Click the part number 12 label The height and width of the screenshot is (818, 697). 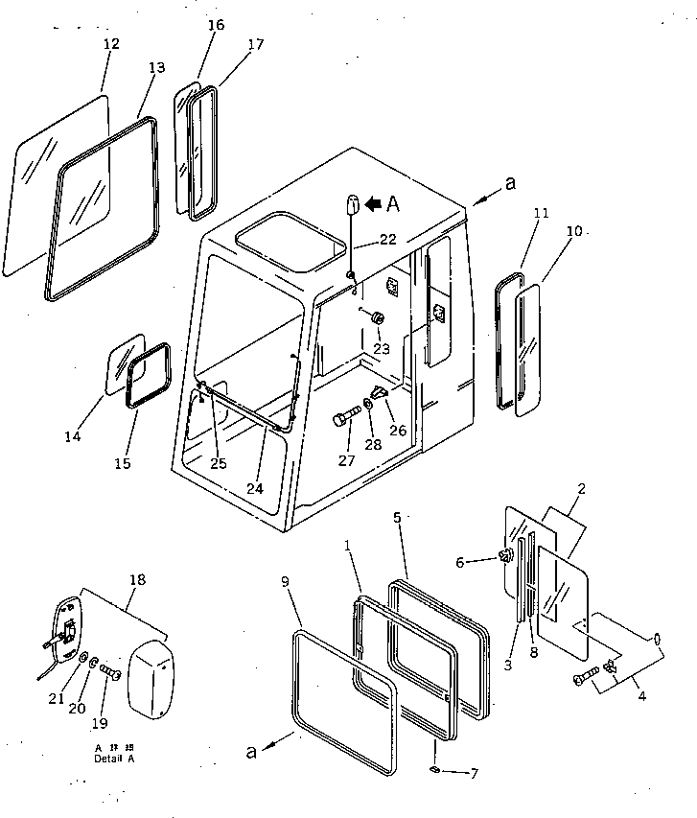[111, 44]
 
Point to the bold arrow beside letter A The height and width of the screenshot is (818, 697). [373, 202]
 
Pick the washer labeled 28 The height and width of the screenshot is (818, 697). [370, 403]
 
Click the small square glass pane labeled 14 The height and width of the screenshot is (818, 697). [124, 364]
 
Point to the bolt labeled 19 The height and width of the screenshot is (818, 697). [111, 675]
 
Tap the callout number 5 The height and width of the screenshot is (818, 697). [396, 518]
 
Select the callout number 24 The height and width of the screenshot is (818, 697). [253, 488]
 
